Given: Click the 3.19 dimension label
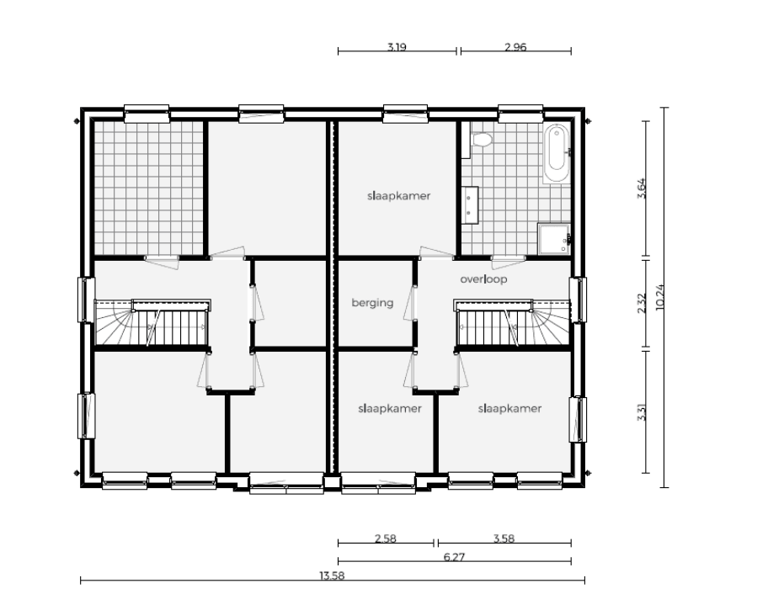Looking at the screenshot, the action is (x=397, y=47).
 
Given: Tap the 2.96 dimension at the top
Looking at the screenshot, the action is (x=515, y=47).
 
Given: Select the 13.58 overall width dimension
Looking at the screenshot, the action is (x=332, y=576).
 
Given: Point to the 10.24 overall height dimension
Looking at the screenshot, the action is (x=659, y=297).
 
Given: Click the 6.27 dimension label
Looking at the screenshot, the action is (x=454, y=557).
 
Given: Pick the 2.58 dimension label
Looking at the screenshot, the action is (x=386, y=538).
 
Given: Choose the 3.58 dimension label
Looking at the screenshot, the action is (x=504, y=538).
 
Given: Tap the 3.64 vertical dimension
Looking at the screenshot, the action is (x=642, y=188).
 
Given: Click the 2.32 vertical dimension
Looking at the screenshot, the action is (x=642, y=303).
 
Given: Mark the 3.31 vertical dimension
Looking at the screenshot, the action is (x=642, y=411).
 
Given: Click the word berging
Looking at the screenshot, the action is (x=372, y=303).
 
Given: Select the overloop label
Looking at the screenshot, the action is (x=483, y=279).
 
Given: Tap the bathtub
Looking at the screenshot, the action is (x=557, y=154).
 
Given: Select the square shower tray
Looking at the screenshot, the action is (x=554, y=240).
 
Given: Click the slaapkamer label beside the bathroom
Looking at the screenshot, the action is (x=398, y=196).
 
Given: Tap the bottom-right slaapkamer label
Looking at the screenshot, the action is (x=509, y=408).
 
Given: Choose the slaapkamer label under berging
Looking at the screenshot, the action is (x=390, y=408).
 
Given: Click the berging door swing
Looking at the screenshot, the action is (x=408, y=304).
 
